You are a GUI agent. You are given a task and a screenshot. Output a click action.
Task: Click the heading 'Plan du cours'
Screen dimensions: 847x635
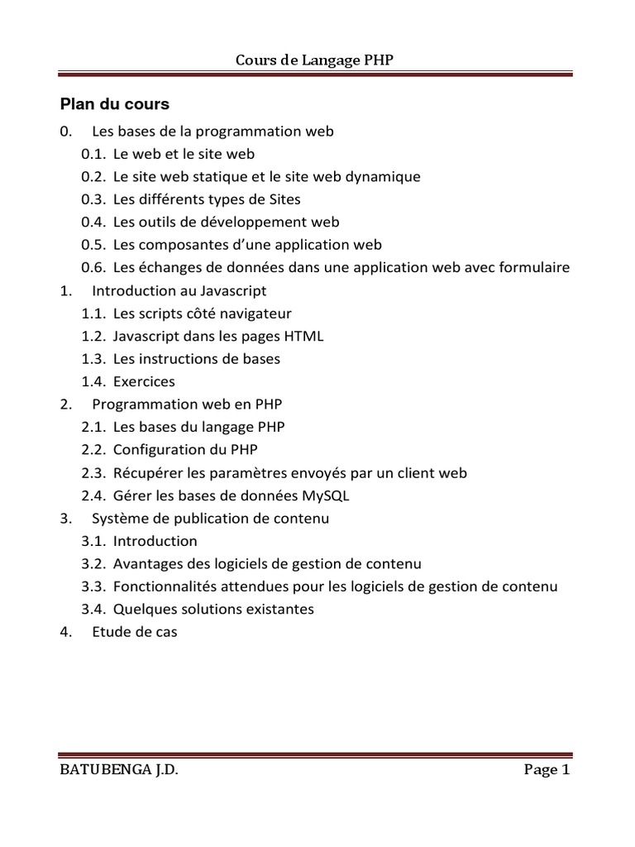[114, 104]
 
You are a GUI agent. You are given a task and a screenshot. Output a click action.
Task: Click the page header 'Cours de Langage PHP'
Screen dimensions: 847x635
[322, 60]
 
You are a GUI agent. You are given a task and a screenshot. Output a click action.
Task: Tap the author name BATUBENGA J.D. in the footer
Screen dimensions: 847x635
[119, 770]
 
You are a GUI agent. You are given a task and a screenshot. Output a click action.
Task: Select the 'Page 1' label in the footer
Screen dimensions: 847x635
[547, 770]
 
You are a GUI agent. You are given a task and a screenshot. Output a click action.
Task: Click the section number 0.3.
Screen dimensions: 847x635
[93, 199]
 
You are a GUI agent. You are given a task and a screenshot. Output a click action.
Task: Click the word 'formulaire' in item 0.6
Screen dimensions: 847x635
[529, 268]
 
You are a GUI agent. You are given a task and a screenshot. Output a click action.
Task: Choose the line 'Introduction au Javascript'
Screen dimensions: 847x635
[179, 291]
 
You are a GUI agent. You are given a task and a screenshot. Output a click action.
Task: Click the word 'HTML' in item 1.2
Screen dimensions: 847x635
[305, 336]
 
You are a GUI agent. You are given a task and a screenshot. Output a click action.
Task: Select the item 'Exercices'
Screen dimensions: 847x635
[144, 382]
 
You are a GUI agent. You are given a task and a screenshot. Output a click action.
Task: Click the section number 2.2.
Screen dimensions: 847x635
[93, 450]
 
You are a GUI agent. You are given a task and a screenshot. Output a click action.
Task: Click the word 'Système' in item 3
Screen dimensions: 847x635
[118, 519]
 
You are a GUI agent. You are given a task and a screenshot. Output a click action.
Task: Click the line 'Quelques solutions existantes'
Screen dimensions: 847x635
[213, 610]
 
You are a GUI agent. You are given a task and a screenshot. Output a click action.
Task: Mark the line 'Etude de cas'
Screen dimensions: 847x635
[135, 632]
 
